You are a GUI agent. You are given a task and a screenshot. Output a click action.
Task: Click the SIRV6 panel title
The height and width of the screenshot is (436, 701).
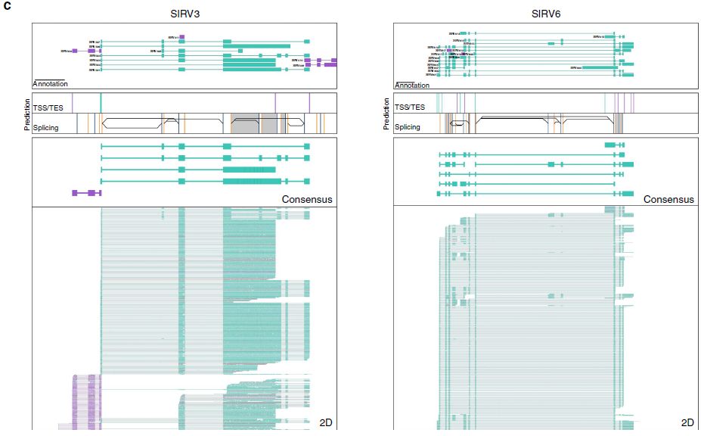[x=545, y=13]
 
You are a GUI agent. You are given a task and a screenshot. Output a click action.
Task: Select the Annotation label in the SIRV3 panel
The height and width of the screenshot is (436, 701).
[x=50, y=84]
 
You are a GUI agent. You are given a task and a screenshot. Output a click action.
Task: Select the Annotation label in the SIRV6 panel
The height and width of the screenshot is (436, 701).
[x=412, y=84]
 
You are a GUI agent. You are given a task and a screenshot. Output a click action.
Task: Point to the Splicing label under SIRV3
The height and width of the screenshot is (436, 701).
[x=46, y=128]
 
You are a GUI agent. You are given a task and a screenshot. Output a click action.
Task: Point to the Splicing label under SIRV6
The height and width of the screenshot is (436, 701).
[x=408, y=128]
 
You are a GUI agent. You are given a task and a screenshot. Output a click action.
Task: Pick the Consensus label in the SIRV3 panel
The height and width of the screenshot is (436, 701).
[x=307, y=200]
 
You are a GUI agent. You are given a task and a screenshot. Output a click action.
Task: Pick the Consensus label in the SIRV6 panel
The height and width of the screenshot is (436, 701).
[x=668, y=200]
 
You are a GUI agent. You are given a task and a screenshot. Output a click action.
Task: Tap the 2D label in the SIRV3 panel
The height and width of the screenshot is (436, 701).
[x=326, y=422]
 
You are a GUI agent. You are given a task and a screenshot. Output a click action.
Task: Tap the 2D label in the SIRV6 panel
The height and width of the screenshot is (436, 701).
[x=687, y=422]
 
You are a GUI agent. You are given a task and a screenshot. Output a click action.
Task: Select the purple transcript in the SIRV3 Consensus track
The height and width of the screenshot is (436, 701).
[x=86, y=193]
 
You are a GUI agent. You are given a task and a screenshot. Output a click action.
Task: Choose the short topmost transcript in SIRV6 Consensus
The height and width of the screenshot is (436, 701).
[x=614, y=145]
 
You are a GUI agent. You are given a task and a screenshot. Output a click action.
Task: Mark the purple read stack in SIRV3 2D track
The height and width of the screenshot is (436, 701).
[x=86, y=401]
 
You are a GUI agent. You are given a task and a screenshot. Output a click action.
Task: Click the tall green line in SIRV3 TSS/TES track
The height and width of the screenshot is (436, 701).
[x=101, y=103]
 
